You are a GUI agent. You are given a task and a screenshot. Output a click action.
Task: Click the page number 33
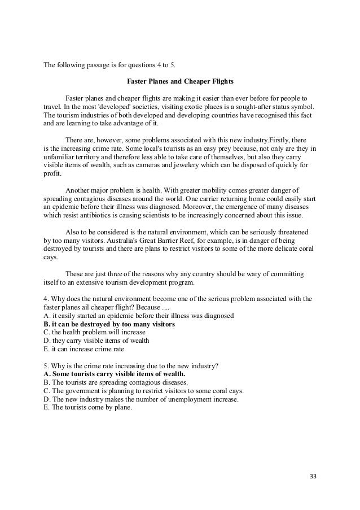point(313,476)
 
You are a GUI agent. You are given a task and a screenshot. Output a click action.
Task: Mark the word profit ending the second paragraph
point(52,175)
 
